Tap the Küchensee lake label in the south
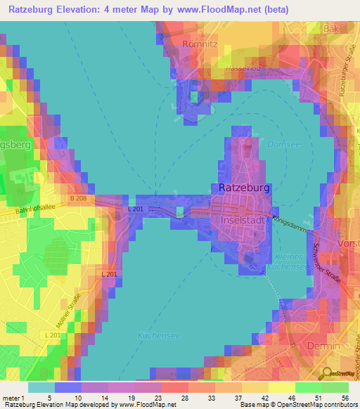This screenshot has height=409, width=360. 160,335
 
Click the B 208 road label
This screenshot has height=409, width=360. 78,199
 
